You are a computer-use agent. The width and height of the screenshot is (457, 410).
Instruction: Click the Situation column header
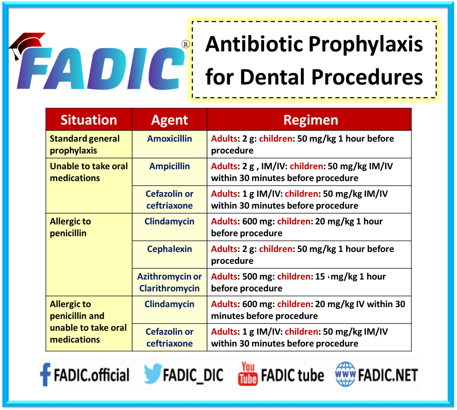(89, 120)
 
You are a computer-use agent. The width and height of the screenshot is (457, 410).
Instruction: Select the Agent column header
(169, 120)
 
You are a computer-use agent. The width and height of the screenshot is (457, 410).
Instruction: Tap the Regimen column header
(311, 120)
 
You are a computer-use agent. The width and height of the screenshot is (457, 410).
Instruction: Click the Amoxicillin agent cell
(169, 139)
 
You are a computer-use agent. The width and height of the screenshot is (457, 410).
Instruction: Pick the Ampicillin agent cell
(169, 166)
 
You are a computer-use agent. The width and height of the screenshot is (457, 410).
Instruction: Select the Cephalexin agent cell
(169, 249)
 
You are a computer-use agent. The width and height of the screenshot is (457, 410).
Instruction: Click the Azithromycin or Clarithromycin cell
(169, 282)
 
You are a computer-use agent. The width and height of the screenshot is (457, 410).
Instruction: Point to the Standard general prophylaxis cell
(85, 144)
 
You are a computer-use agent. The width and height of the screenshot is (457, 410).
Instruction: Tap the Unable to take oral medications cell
(89, 172)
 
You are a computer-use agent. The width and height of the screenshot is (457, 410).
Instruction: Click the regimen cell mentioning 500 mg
(309, 282)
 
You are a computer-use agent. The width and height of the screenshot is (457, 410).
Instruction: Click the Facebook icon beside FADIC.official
(45, 375)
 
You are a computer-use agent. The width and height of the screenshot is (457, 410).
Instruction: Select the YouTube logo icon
(247, 374)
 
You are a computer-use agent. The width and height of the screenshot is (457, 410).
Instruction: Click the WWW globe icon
(345, 374)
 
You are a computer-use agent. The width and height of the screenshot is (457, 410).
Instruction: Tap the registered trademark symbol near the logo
(185, 44)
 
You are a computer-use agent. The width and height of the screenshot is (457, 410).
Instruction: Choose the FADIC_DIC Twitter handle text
(193, 375)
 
